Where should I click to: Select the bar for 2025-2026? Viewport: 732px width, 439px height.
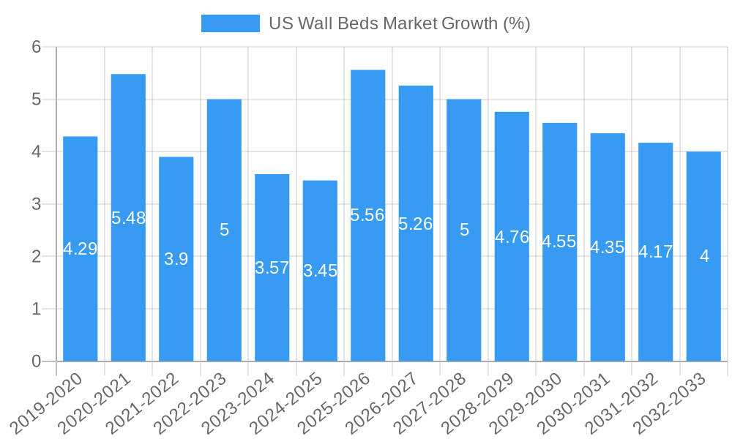(368, 293)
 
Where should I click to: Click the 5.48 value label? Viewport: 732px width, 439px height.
(129, 218)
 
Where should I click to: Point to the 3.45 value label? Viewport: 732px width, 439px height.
(321, 271)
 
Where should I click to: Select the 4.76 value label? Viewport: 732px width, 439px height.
(512, 237)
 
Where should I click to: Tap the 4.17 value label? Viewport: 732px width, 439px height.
(656, 252)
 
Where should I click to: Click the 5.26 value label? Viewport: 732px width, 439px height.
(416, 224)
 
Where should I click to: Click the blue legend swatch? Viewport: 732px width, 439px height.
(231, 23)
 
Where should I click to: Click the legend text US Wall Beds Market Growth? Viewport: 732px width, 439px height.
(399, 23)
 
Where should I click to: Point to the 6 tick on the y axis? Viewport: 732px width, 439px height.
(36, 47)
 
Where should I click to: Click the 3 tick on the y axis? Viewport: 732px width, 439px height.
(36, 204)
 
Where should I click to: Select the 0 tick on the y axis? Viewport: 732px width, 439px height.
(36, 361)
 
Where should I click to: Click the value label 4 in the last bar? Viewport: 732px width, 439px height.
(704, 256)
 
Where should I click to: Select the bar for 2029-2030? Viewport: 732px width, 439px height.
(560, 307)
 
